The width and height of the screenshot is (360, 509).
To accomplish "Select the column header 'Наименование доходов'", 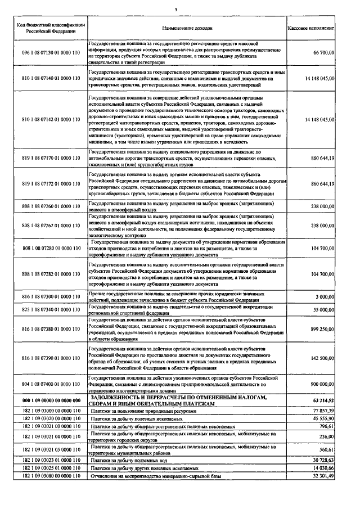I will click(x=187, y=28).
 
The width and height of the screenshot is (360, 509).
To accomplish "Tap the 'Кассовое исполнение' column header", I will click(x=310, y=28).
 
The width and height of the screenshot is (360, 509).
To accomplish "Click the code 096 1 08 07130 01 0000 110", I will click(x=51, y=52).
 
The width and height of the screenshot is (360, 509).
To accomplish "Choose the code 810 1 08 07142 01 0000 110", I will click(x=51, y=120).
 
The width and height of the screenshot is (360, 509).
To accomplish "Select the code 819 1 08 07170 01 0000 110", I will click(x=51, y=159).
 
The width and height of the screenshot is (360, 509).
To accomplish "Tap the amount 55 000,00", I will click(x=323, y=310).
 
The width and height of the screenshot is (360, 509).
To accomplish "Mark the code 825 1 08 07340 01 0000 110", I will click(x=51, y=310).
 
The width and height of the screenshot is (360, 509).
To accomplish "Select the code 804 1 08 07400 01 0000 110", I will click(x=51, y=384).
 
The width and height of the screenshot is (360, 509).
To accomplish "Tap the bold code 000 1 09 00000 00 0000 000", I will click(x=51, y=399).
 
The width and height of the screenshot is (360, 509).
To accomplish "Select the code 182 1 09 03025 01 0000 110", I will click(x=51, y=469).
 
